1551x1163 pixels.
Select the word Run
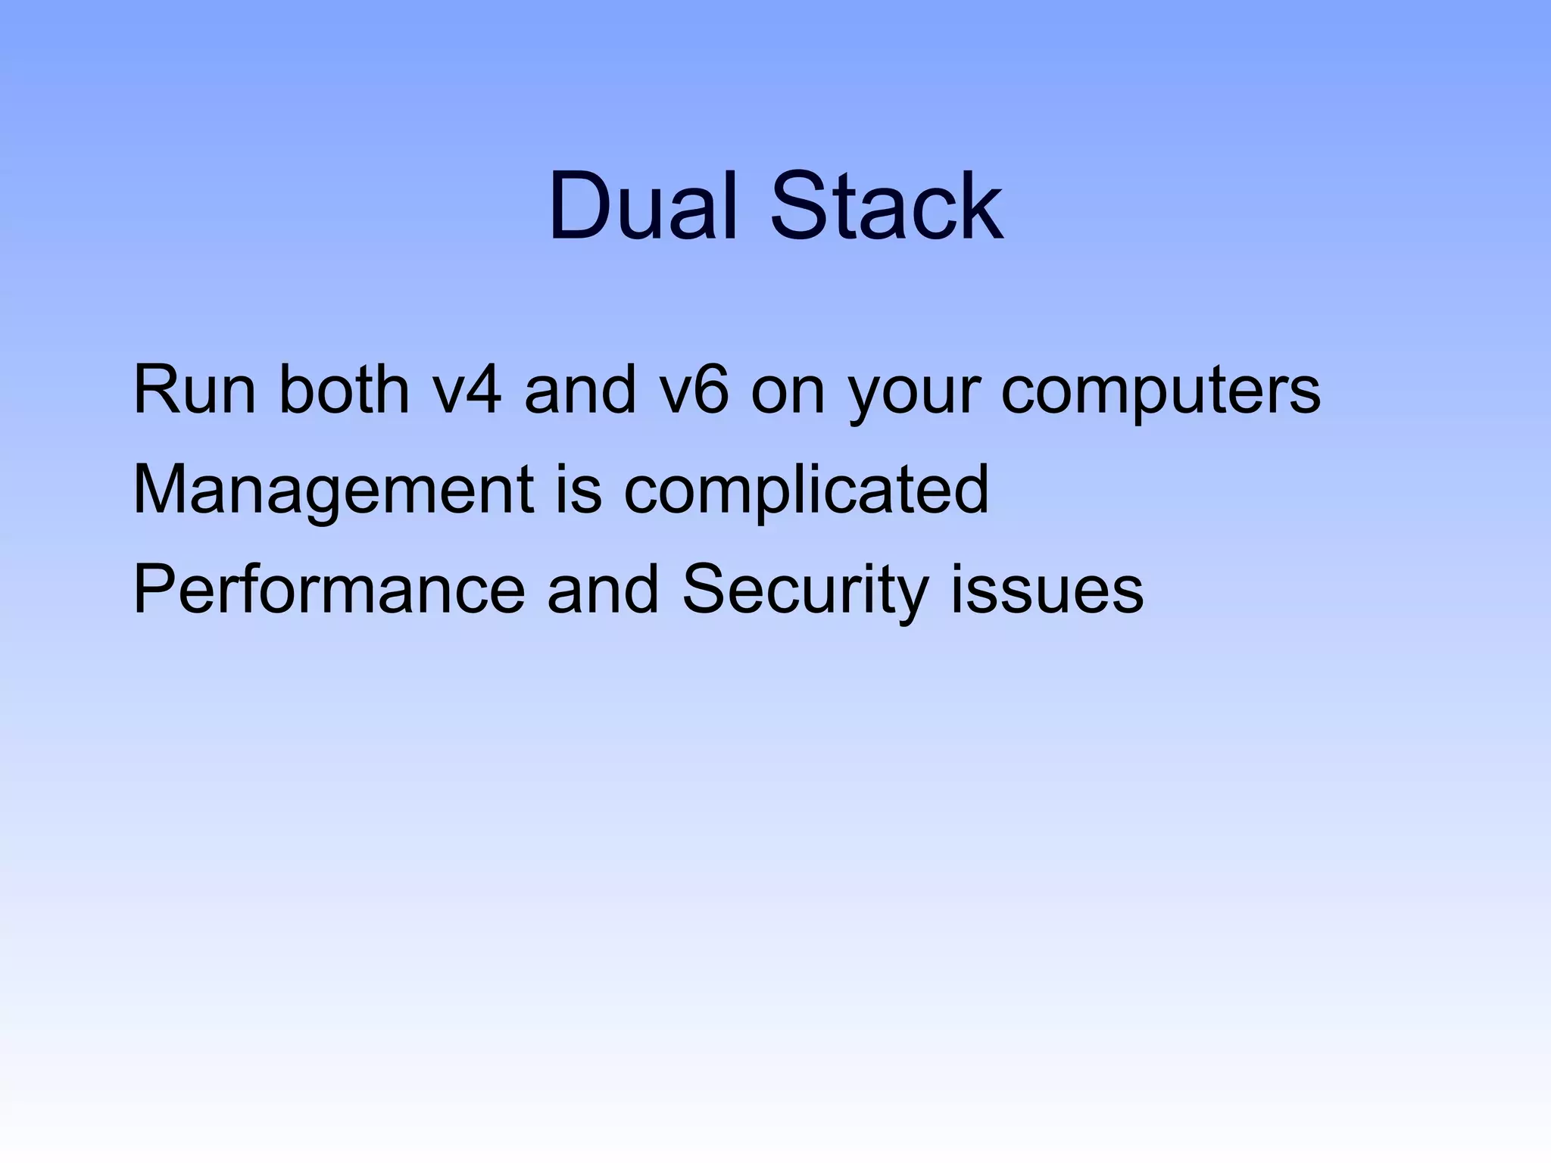[x=194, y=391]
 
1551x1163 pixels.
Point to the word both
[x=345, y=391]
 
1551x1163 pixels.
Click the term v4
[x=466, y=391]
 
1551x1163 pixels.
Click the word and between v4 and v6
[x=580, y=391]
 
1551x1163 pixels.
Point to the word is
[x=579, y=491]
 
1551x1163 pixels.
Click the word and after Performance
[x=603, y=590]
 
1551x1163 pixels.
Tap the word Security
[x=804, y=591]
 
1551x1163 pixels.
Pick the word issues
[x=1047, y=590]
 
